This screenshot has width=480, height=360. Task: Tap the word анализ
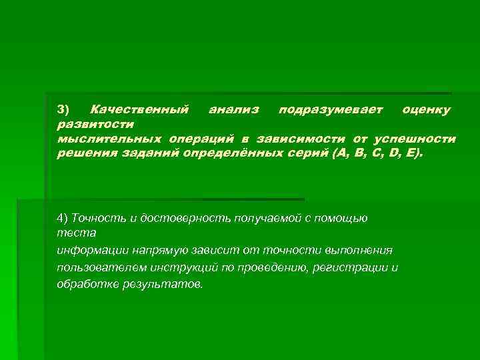pyautogui.click(x=233, y=109)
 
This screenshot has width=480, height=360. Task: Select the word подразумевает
pyautogui.click(x=331, y=109)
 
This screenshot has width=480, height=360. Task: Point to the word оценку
pyautogui.click(x=426, y=109)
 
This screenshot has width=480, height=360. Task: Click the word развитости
pyautogui.click(x=95, y=124)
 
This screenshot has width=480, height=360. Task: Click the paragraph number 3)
pyautogui.click(x=63, y=109)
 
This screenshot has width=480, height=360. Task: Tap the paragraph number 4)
pyautogui.click(x=63, y=218)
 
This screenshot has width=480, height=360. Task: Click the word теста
pyautogui.click(x=77, y=233)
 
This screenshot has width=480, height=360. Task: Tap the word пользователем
pyautogui.click(x=99, y=267)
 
